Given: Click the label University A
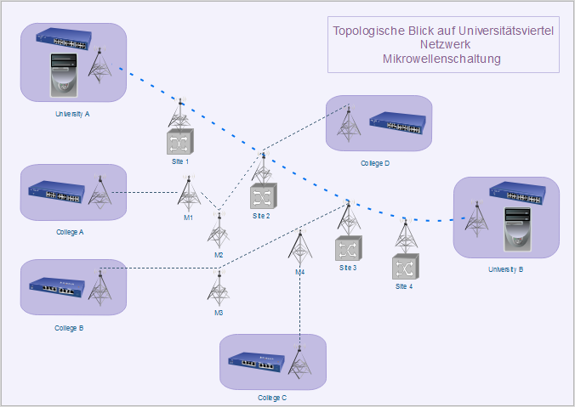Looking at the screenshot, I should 72,114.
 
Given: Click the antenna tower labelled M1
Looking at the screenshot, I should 189,194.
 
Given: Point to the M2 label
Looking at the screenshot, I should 219,255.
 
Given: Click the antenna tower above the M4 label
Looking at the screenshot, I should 299,248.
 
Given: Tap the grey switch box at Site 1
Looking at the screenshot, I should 179,141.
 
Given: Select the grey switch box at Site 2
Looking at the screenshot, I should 261,197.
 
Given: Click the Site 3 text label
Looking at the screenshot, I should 348,268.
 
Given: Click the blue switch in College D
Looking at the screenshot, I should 397,125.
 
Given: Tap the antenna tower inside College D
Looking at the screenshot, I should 347,123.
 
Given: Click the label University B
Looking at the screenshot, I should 505,269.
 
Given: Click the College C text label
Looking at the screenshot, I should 272,398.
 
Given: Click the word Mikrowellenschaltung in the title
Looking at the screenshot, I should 441,59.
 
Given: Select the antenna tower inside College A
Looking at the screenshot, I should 100,193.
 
